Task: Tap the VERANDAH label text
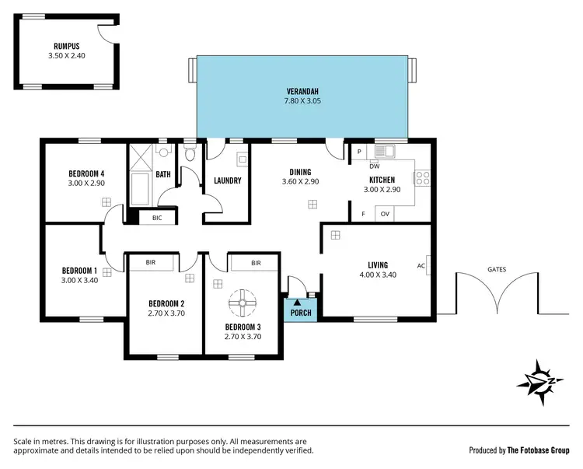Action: point(304,90)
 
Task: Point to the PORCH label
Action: point(301,313)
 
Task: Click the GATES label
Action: point(497,269)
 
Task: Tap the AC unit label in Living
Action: point(421,266)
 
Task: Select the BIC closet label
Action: point(157,218)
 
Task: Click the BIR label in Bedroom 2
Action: point(150,263)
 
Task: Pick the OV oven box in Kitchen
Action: point(385,214)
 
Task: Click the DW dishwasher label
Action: point(374,166)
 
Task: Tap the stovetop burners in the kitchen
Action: point(423,178)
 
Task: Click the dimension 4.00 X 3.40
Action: point(379,275)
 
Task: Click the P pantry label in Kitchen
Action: point(358,152)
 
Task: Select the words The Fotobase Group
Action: point(539,450)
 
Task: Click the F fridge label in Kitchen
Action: point(362,214)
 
